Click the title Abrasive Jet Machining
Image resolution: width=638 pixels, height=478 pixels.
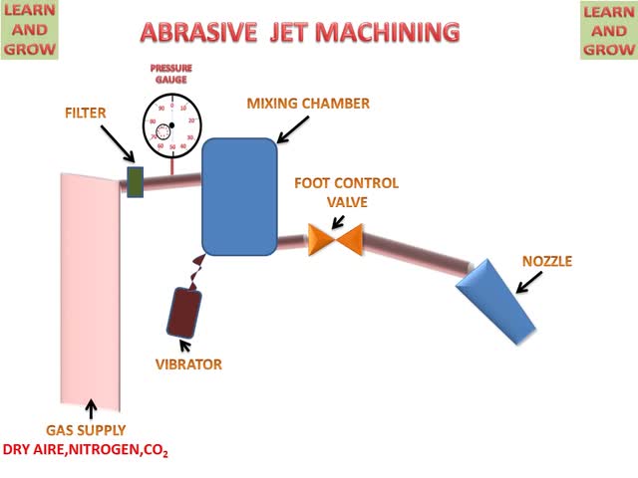[x=300, y=32]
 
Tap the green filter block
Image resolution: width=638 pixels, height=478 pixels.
[x=135, y=182]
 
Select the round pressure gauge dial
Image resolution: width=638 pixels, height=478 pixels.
[x=172, y=125]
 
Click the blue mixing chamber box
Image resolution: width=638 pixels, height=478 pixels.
[x=240, y=196]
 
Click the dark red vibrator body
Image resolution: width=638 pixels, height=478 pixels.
[x=184, y=312]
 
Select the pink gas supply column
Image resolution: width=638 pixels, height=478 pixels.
[x=91, y=289]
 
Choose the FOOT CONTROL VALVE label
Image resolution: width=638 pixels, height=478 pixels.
[x=346, y=192]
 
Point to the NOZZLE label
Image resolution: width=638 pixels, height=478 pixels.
[x=547, y=262]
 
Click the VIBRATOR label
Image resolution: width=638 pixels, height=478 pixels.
[x=188, y=364]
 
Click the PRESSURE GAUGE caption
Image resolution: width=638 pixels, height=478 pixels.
[x=171, y=73]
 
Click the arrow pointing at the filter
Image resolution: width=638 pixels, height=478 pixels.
[x=119, y=149]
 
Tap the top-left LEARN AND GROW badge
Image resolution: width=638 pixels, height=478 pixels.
[x=30, y=30]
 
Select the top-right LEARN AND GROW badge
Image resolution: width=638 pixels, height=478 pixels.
[x=607, y=30]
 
